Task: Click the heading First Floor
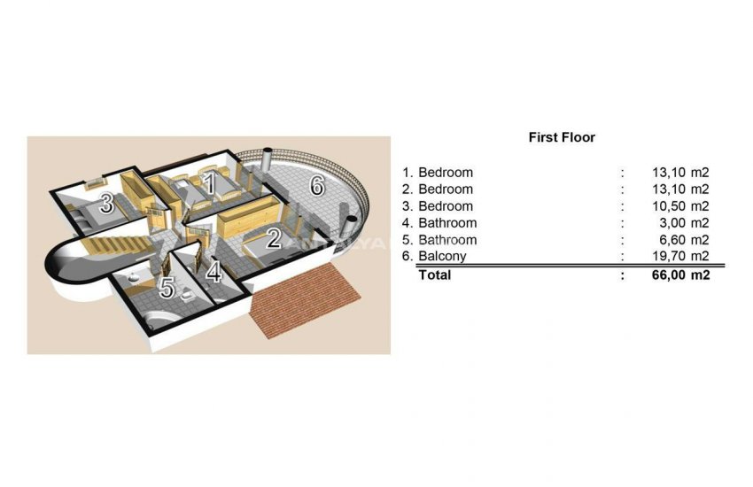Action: (562, 137)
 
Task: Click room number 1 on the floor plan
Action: (209, 184)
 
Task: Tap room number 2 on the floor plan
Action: (274, 238)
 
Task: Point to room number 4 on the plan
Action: (213, 272)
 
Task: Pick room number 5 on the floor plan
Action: (167, 288)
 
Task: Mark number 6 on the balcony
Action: (316, 186)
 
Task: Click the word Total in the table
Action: (434, 275)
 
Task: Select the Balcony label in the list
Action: (442, 257)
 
